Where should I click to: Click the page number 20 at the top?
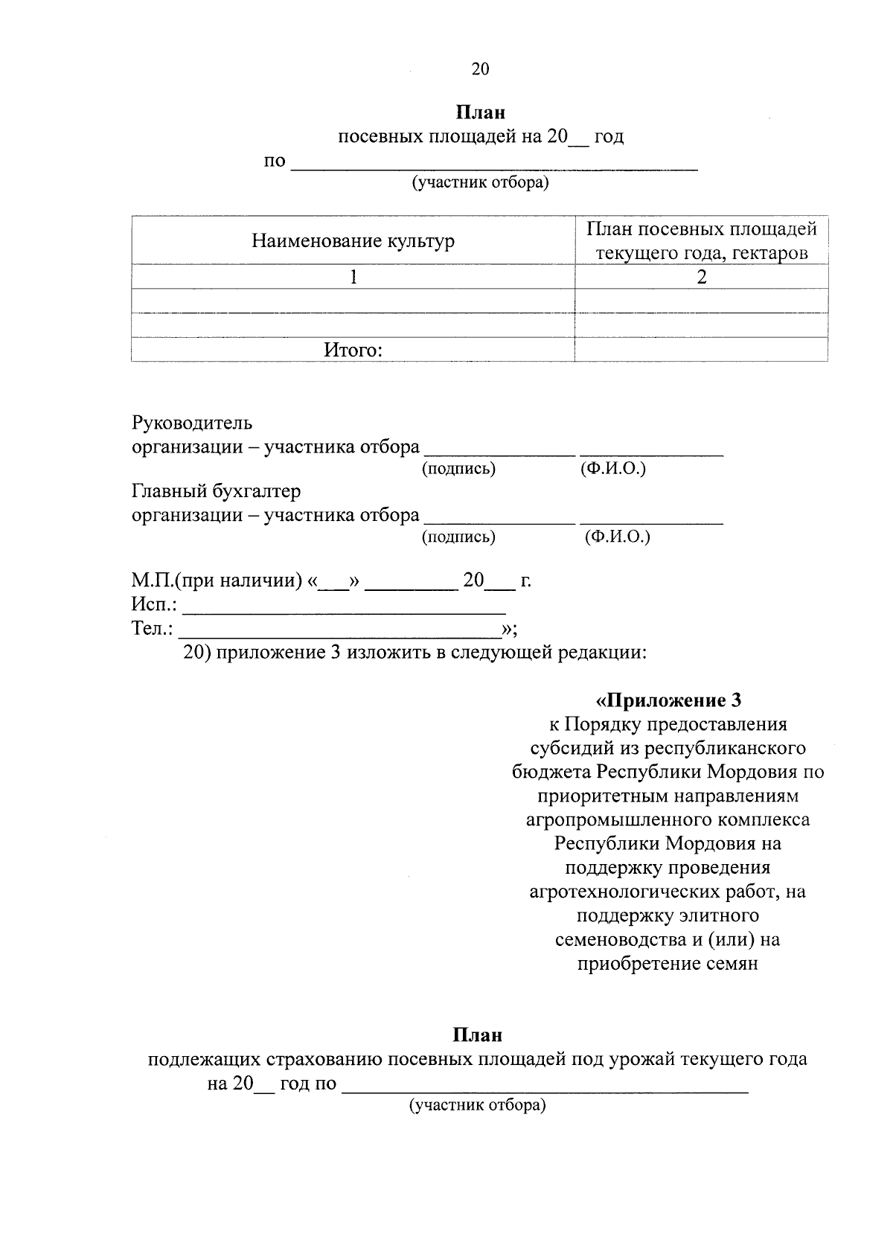(480, 69)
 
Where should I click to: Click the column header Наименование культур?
(353, 240)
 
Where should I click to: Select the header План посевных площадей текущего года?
(701, 240)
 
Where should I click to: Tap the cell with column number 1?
(353, 278)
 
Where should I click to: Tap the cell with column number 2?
(701, 278)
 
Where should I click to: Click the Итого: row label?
(353, 350)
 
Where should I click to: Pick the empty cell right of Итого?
(701, 350)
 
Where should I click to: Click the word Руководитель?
(192, 423)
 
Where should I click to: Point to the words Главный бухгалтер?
(216, 491)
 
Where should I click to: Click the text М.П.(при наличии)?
(217, 580)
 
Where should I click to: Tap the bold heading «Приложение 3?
(668, 700)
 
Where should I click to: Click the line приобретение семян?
(668, 963)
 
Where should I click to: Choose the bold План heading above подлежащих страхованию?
(478, 1034)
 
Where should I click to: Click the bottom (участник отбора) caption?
(477, 1105)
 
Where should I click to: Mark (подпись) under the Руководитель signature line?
(458, 469)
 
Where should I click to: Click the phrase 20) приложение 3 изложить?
(298, 653)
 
